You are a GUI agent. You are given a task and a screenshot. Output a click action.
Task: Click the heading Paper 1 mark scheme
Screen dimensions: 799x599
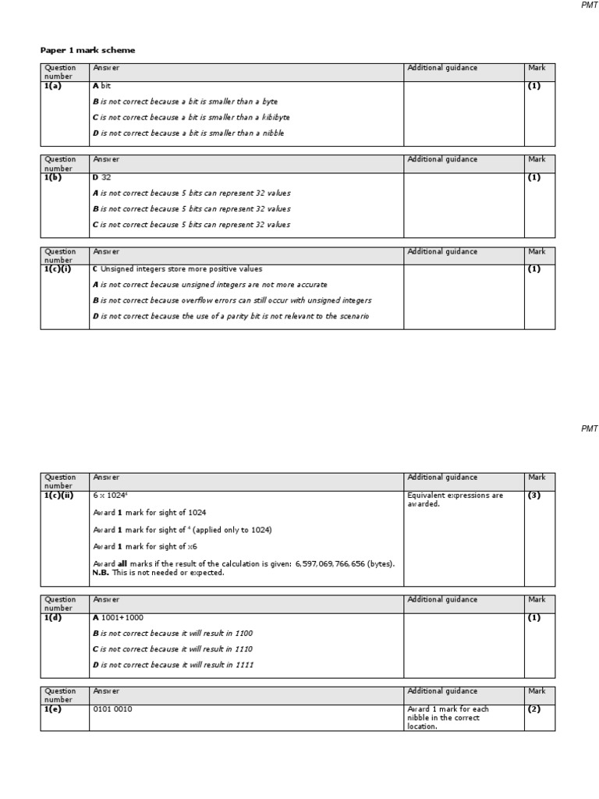[x=87, y=50]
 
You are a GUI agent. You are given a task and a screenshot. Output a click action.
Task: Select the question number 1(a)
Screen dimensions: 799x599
[x=53, y=86]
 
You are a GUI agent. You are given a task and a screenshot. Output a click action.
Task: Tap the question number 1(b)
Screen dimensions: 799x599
[x=54, y=177]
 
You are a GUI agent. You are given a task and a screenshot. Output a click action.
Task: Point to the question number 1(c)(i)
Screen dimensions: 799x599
[x=59, y=268]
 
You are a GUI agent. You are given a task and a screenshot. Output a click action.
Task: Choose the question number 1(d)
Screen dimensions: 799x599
[x=54, y=617]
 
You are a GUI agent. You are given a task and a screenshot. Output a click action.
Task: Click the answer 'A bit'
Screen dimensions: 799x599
[x=102, y=86]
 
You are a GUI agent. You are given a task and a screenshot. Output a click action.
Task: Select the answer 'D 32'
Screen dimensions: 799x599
[x=102, y=177]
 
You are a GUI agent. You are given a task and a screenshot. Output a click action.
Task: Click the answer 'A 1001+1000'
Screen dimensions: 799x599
[x=118, y=617]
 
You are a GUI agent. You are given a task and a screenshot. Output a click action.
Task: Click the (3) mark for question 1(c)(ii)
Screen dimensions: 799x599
[x=534, y=495]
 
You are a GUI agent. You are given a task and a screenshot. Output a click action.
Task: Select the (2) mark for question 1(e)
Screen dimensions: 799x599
[x=534, y=709]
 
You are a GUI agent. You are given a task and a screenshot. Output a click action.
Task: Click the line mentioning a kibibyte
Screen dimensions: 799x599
[x=191, y=117]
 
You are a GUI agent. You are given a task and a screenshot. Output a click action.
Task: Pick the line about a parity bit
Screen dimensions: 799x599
[x=231, y=316]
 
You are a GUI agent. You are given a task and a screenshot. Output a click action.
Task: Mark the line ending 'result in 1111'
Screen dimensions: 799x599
[x=172, y=665]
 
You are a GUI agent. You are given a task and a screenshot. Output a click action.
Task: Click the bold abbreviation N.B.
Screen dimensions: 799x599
[x=101, y=572]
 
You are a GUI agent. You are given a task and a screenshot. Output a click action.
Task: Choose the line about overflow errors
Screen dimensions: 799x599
[x=232, y=300]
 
